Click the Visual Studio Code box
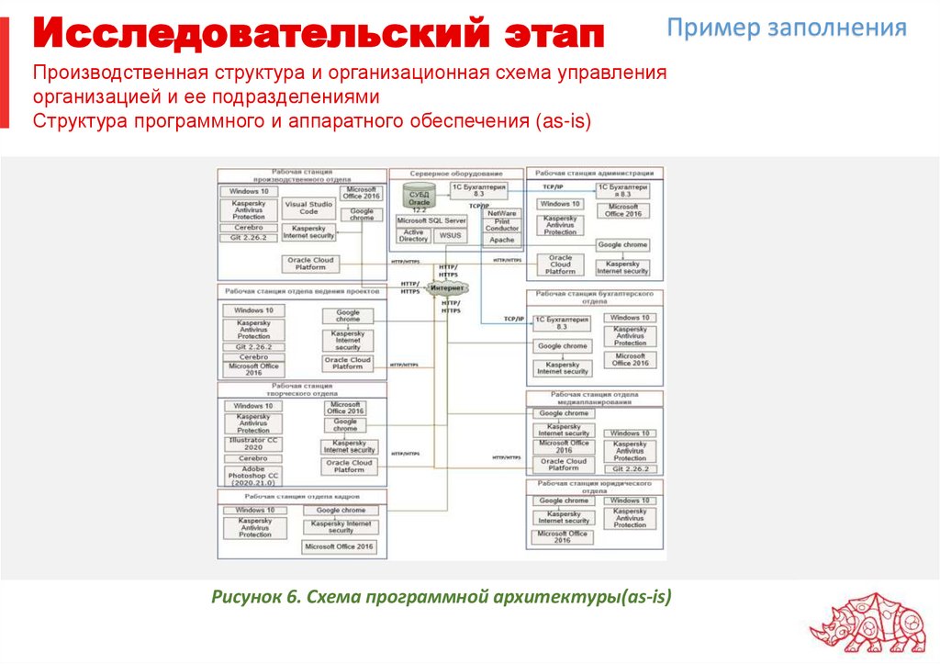pyautogui.click(x=308, y=208)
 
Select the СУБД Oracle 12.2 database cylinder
pyautogui.click(x=420, y=198)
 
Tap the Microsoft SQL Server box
pyautogui.click(x=431, y=220)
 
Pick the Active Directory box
pyautogui.click(x=414, y=235)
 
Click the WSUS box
pyautogui.click(x=450, y=235)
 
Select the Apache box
pyautogui.click(x=502, y=240)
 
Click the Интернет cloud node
pyautogui.click(x=449, y=288)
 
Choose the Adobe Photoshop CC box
pyautogui.click(x=252, y=475)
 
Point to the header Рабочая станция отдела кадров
pyautogui.click(x=302, y=496)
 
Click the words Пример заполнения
pyautogui.click(x=787, y=27)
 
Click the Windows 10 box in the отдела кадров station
pyautogui.click(x=255, y=510)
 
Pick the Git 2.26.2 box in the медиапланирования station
pyautogui.click(x=631, y=468)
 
